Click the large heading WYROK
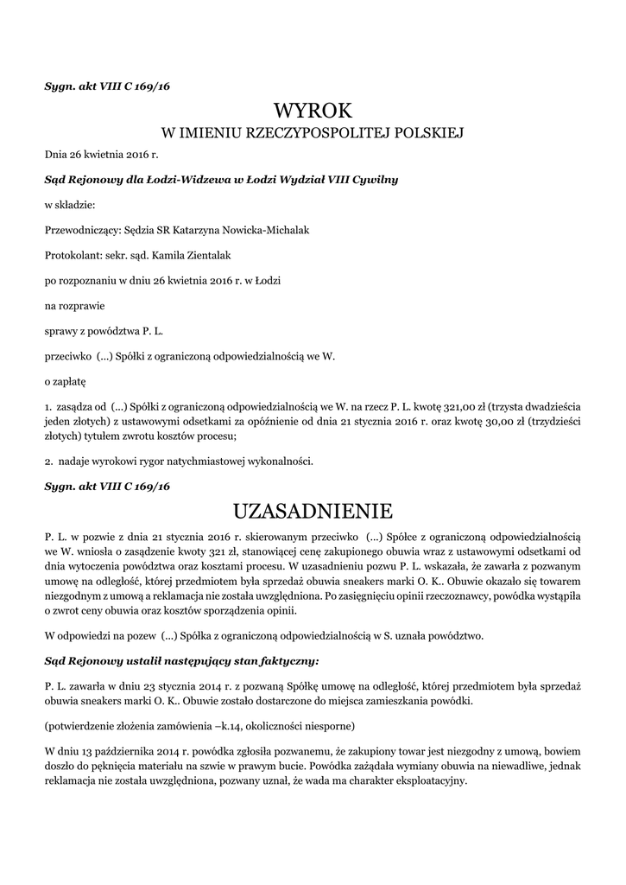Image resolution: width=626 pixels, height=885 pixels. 313,110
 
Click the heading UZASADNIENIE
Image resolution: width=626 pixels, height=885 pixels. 313,509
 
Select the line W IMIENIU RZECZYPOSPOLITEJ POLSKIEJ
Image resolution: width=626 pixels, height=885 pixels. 313,133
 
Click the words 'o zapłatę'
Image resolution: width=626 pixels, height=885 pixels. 65,379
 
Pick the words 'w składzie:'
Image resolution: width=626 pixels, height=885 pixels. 69,205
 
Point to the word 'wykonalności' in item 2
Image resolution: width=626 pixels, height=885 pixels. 278,461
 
